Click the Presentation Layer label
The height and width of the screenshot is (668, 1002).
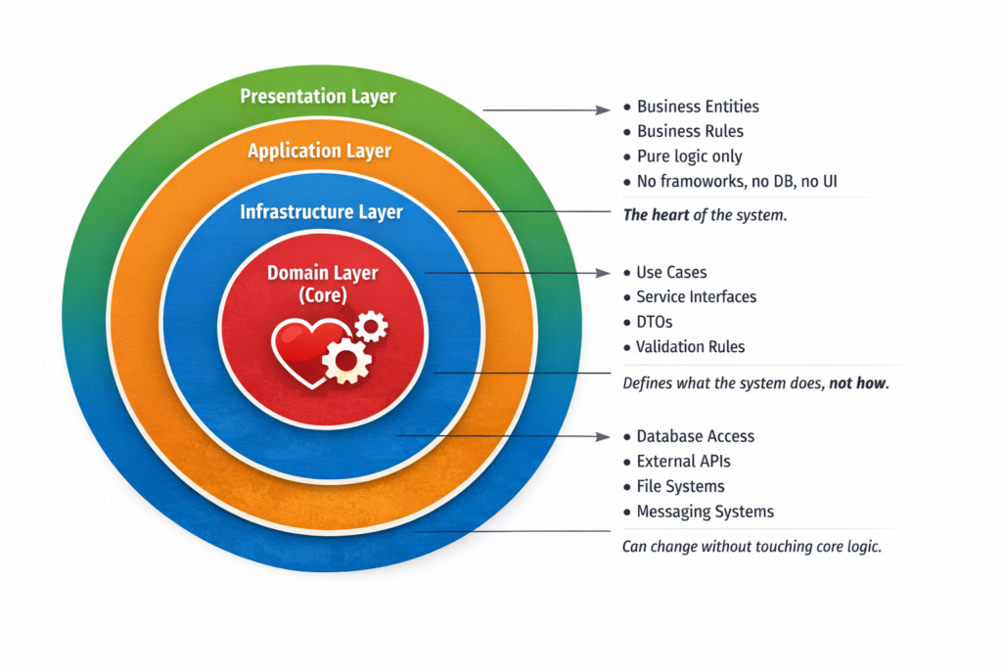pos(318,96)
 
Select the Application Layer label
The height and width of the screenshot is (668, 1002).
pos(319,151)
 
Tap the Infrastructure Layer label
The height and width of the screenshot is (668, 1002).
pos(321,211)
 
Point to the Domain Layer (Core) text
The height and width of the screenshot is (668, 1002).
pos(322,283)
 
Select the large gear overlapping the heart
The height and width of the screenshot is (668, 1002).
pos(346,360)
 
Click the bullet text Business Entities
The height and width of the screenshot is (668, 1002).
pos(698,107)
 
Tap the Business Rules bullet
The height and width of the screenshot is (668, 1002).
pos(690,131)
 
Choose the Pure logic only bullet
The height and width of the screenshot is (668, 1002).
pos(689,156)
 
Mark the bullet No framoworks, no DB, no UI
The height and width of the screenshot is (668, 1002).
pos(737,181)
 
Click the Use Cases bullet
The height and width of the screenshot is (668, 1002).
pos(671,272)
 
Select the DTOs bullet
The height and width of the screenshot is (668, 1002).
pos(655,322)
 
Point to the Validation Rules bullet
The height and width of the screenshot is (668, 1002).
pos(690,346)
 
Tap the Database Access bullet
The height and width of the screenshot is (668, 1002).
pos(695,436)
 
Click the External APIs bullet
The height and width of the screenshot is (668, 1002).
pos(683,461)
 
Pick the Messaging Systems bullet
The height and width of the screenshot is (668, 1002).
pos(705,512)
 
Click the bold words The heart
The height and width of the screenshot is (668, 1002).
pos(657,215)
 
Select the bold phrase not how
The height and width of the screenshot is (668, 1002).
pos(858,383)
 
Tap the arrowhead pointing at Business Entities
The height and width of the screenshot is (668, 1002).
pos(606,111)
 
